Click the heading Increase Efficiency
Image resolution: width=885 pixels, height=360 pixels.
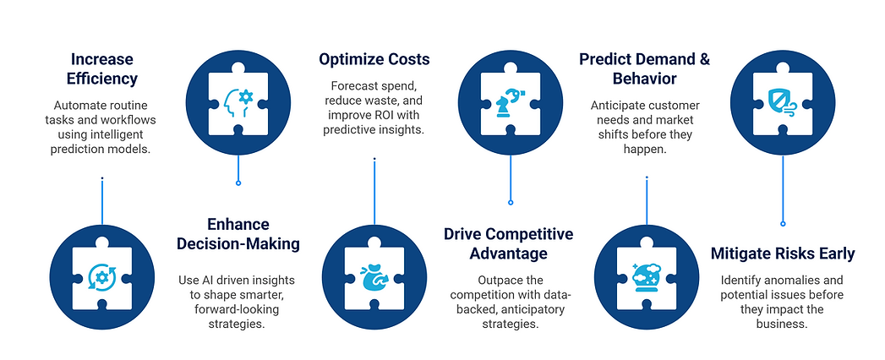point(101,69)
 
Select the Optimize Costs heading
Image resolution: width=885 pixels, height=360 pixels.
point(374,59)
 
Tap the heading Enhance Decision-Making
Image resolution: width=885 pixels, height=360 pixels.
point(238,234)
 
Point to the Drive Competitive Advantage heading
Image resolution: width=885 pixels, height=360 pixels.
point(508,243)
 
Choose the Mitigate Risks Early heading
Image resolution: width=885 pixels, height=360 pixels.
point(783,254)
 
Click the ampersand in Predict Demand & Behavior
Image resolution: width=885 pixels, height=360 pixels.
point(702,59)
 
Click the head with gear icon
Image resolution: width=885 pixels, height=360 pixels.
point(238,100)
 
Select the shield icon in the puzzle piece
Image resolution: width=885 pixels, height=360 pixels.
point(782,100)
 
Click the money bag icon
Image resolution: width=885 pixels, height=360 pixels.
point(374,278)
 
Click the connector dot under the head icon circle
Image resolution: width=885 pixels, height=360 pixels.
point(238,183)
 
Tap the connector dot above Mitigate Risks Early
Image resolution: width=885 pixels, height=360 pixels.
point(783,224)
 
